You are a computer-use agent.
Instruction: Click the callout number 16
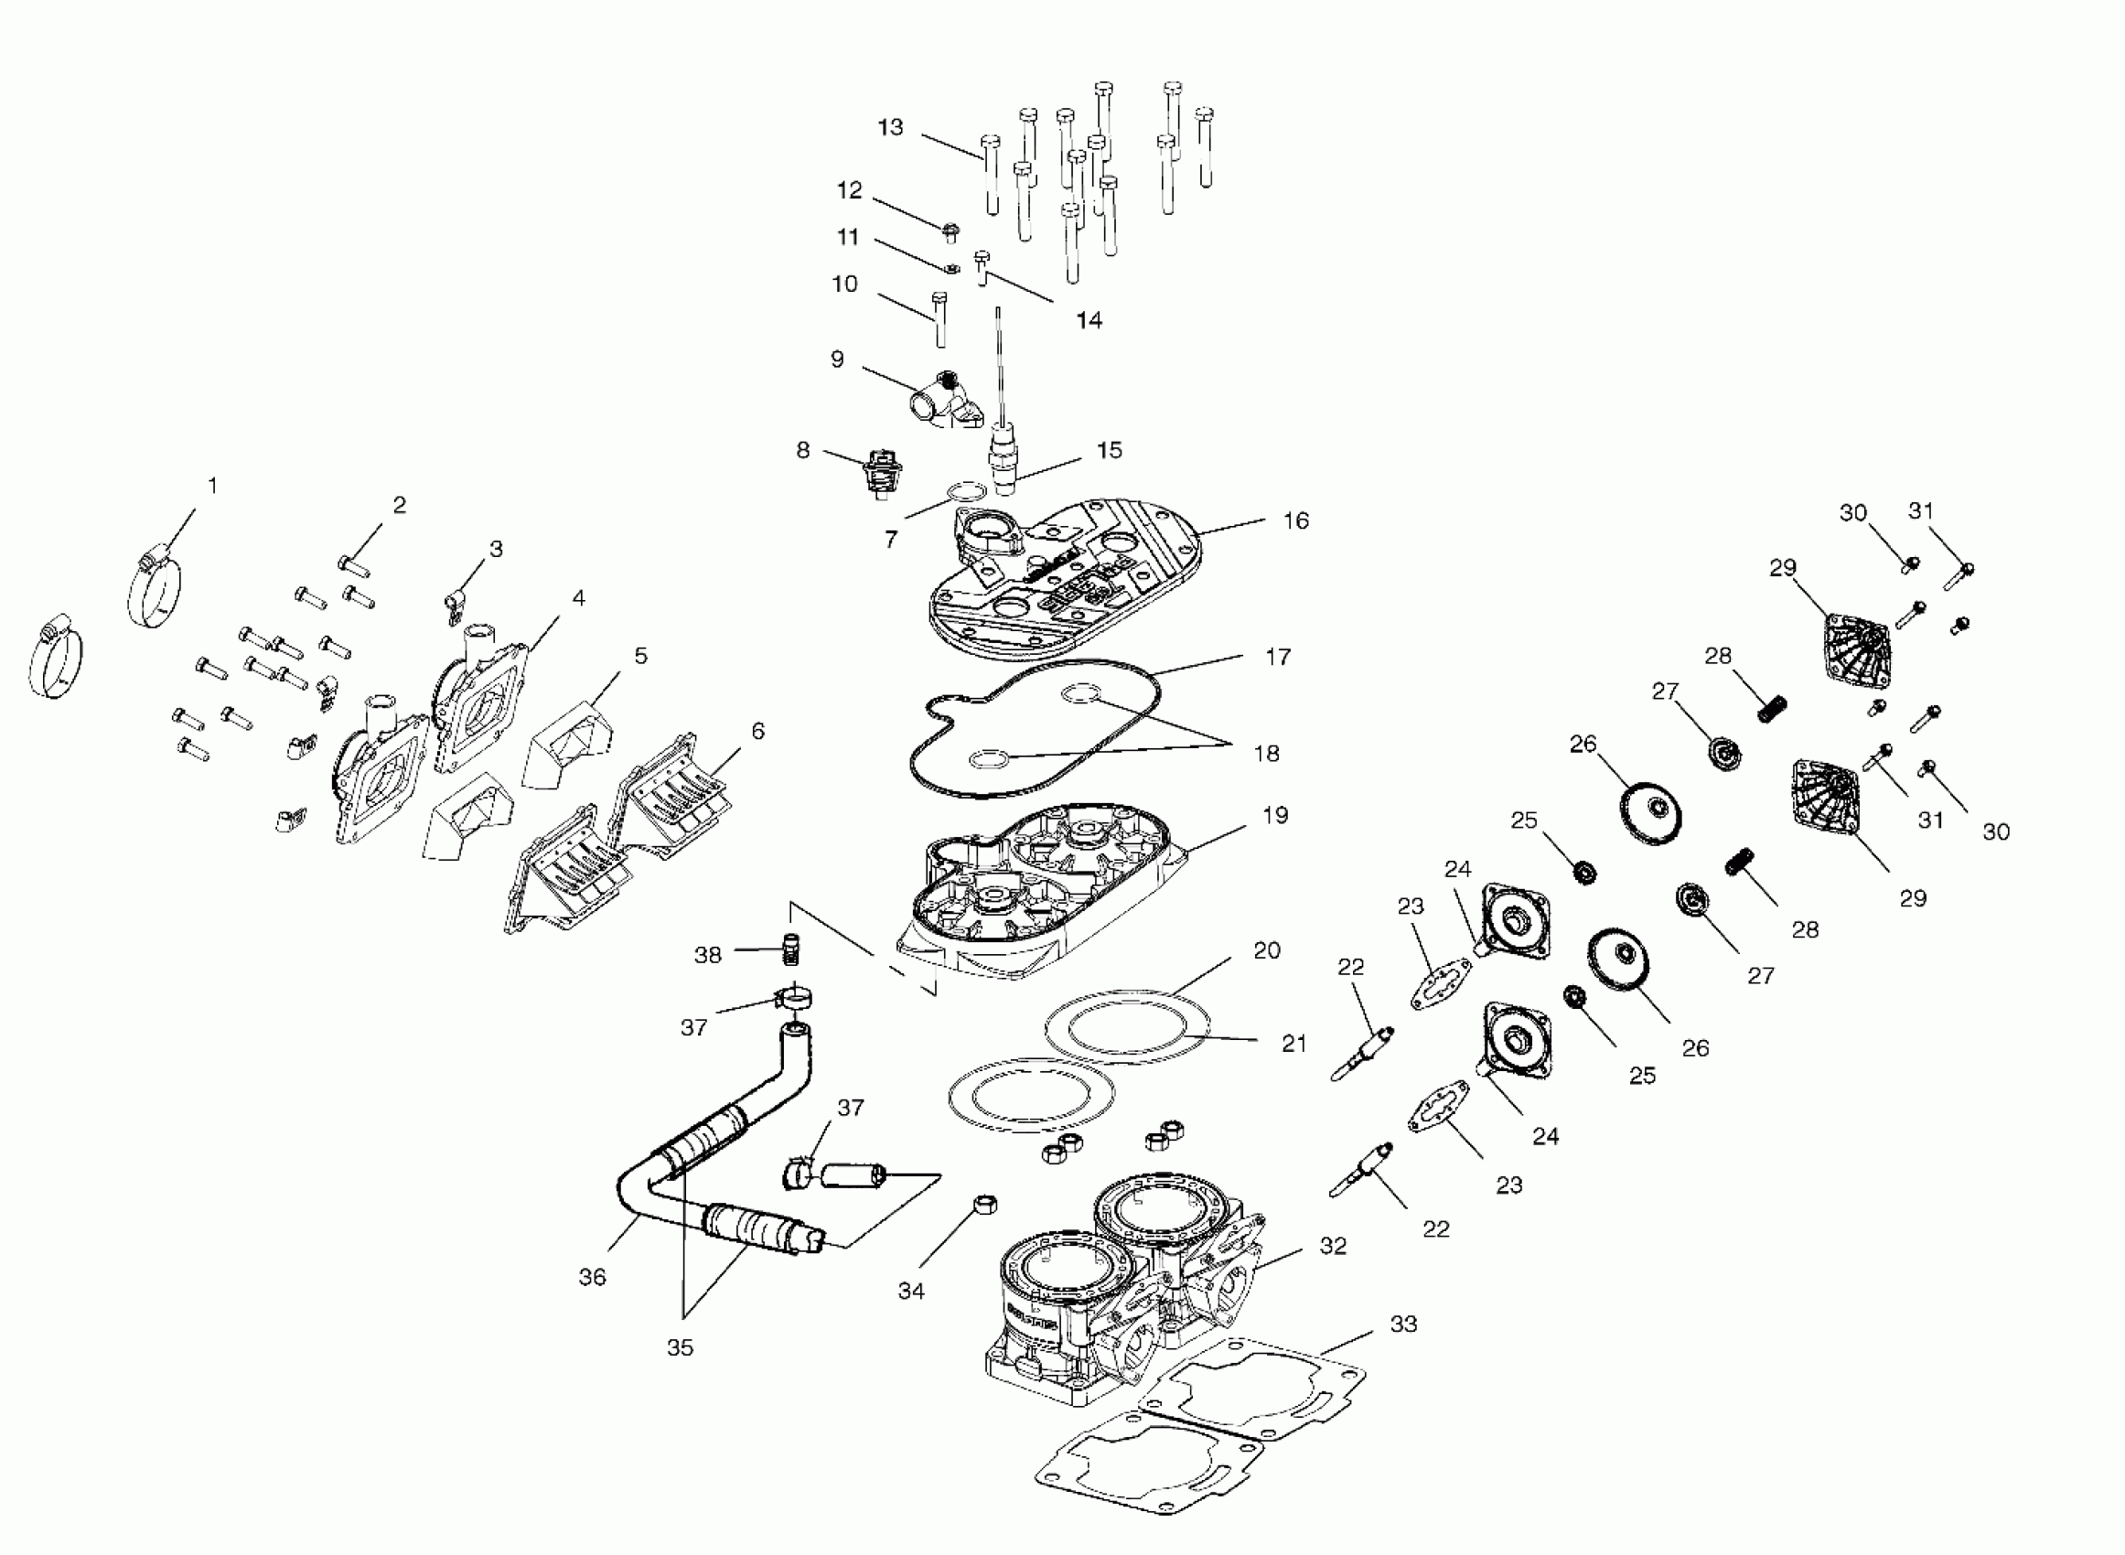1296,520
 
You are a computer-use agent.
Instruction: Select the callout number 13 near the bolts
890,127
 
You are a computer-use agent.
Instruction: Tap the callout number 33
1403,1324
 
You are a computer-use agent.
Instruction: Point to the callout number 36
592,1276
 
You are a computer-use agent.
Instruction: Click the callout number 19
1275,814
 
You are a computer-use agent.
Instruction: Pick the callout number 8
803,450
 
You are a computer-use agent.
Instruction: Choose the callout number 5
641,655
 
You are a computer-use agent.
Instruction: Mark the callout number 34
911,1291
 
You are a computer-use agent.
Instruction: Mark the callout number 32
1333,1245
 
